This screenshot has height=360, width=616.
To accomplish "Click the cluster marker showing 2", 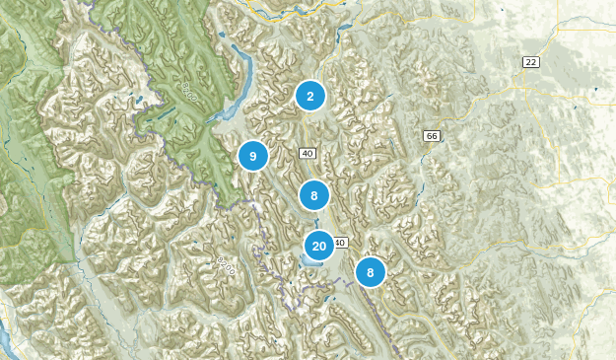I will point(310,96).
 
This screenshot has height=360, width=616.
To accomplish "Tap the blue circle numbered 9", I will point(253,156).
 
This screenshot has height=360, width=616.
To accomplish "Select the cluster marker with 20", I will point(319,246).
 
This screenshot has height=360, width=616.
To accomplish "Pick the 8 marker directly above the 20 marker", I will point(313,195).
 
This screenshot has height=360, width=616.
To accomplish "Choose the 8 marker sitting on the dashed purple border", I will point(371,272).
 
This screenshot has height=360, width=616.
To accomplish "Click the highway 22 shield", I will point(531,62).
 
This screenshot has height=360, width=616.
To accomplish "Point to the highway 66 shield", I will point(431,135).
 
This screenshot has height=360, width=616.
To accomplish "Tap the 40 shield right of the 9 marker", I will point(308,153).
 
